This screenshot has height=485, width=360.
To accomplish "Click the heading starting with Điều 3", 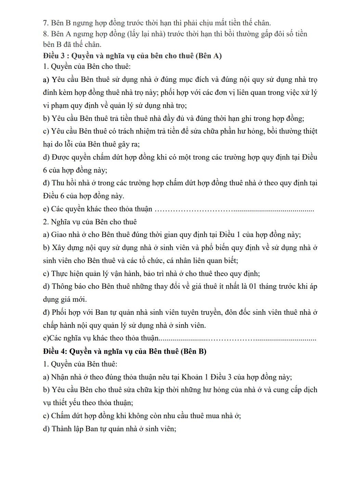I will [x=132, y=56].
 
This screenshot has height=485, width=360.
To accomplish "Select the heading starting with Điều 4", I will [x=125, y=351].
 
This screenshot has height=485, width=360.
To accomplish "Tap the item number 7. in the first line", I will [x=46, y=23].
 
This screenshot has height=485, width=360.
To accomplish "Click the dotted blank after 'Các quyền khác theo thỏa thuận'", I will [x=234, y=209].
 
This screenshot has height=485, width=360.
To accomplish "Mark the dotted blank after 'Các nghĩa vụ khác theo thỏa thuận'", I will [x=237, y=339].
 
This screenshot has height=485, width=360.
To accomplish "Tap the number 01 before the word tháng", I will [x=253, y=286].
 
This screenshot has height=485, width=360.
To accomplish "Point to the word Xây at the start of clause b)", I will [x=58, y=248].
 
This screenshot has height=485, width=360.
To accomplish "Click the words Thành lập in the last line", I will [x=67, y=429].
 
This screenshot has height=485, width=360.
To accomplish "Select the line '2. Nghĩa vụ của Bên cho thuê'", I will [x=90, y=222].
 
